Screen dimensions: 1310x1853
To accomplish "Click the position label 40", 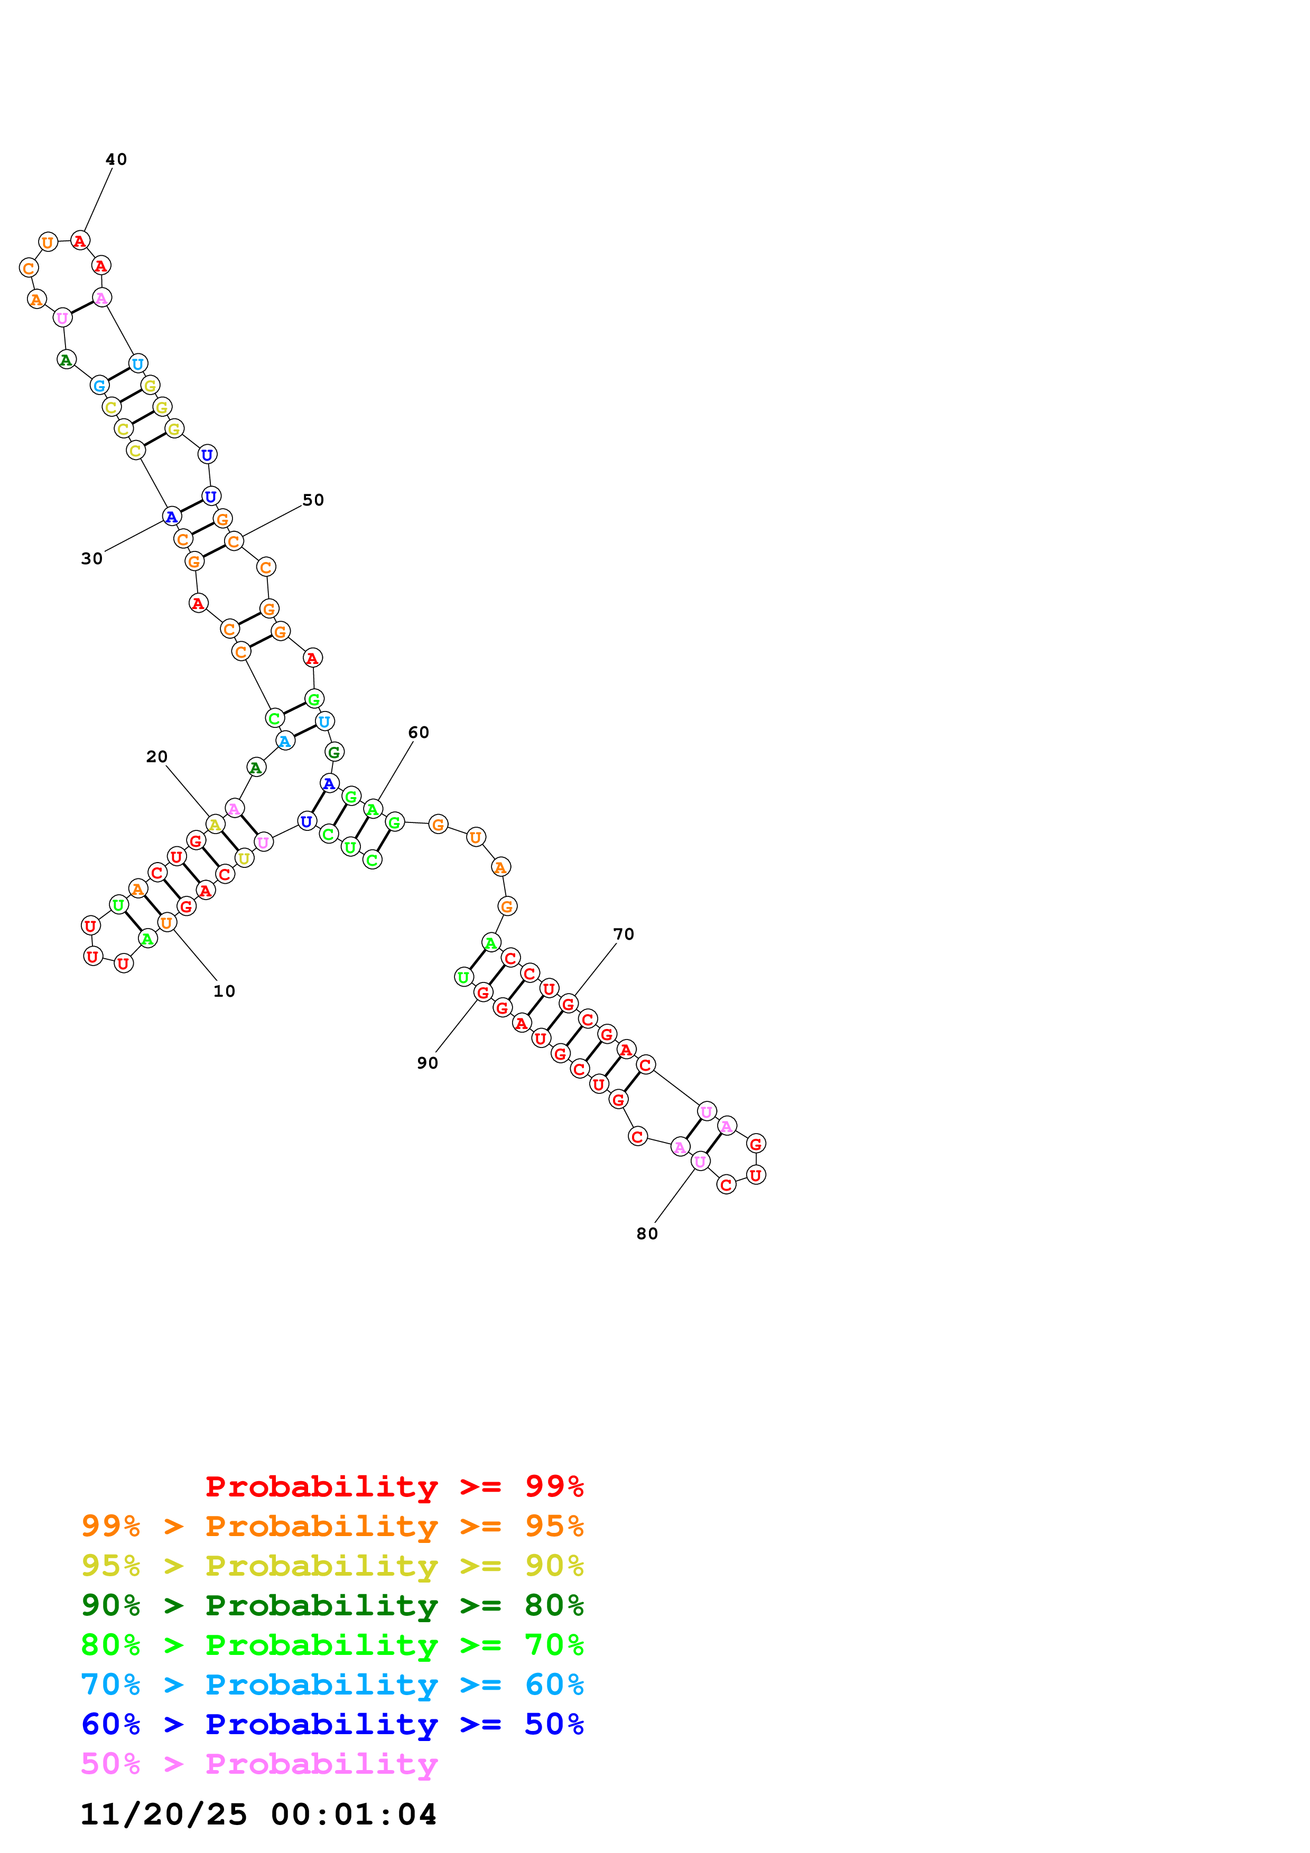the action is (x=116, y=160).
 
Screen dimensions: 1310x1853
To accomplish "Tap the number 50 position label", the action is (x=313, y=500).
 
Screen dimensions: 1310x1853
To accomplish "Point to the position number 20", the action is (x=156, y=757).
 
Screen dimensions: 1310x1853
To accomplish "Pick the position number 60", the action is (x=418, y=733).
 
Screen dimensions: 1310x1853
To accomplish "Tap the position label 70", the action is (x=623, y=934).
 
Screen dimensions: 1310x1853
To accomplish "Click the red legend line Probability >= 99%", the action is (x=394, y=1486).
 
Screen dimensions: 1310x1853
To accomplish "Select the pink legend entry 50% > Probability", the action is (x=259, y=1764).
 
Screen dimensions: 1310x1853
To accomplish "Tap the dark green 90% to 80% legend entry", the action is (x=332, y=1605).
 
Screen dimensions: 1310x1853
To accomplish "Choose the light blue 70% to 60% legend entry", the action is (x=332, y=1685).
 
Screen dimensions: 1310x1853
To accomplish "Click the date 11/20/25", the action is (x=164, y=1815).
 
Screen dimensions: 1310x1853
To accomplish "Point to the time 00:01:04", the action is (x=354, y=1815).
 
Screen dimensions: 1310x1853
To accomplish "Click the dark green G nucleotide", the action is (x=334, y=752).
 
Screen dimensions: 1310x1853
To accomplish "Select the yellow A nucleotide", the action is (x=215, y=825).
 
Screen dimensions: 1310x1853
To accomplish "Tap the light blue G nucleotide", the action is (x=99, y=386).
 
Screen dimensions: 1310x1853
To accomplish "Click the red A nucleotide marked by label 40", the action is (x=80, y=240).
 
